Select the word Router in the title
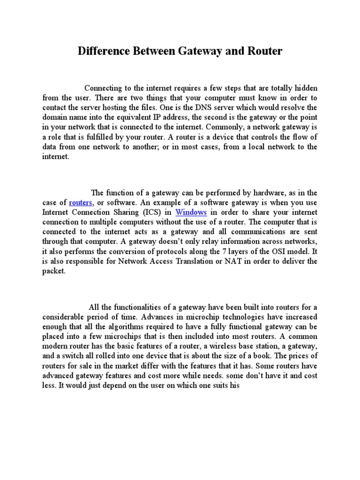(265, 51)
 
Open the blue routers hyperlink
(81, 202)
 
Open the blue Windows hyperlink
(191, 212)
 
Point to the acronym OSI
(274, 251)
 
